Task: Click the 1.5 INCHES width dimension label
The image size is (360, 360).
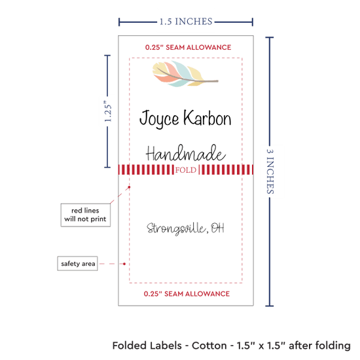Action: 186,22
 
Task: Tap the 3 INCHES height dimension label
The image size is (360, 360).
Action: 270,171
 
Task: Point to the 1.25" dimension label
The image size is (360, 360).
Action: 108,111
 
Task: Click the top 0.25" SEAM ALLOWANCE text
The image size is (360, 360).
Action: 188,48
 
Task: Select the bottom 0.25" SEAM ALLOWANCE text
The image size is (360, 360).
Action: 187,294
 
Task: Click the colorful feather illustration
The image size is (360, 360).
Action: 185,74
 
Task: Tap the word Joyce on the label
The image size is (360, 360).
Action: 159,118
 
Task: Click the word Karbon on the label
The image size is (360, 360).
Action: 207,118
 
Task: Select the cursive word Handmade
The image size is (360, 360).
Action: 185,153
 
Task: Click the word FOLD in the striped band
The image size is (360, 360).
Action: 186,170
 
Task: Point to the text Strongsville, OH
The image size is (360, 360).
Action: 185,228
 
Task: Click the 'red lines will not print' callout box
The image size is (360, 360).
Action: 85,215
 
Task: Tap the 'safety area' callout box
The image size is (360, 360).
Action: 78,264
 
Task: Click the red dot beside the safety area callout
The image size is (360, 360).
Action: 124,264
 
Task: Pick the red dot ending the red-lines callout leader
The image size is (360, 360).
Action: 129,187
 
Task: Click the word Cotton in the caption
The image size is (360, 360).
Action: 209,346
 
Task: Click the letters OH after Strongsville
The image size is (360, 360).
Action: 217,228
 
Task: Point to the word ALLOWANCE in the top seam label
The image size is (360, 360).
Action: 208,48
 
